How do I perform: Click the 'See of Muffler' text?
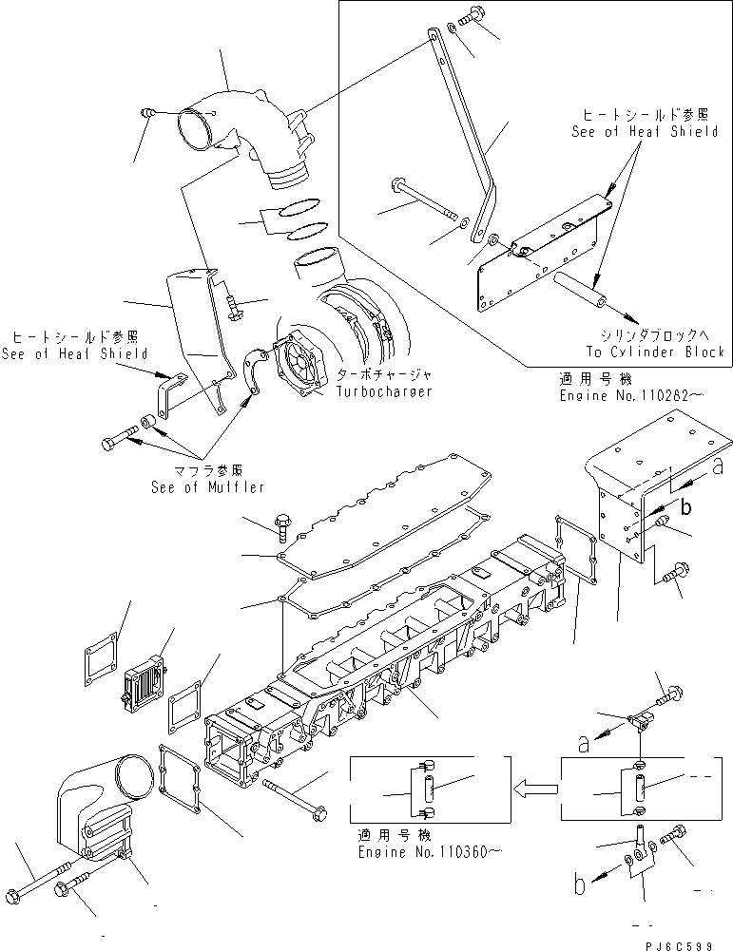pyautogui.click(x=206, y=487)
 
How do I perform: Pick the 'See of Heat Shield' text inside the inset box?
pyautogui.click(x=645, y=132)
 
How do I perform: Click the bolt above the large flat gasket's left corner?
pyautogui.click(x=282, y=522)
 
